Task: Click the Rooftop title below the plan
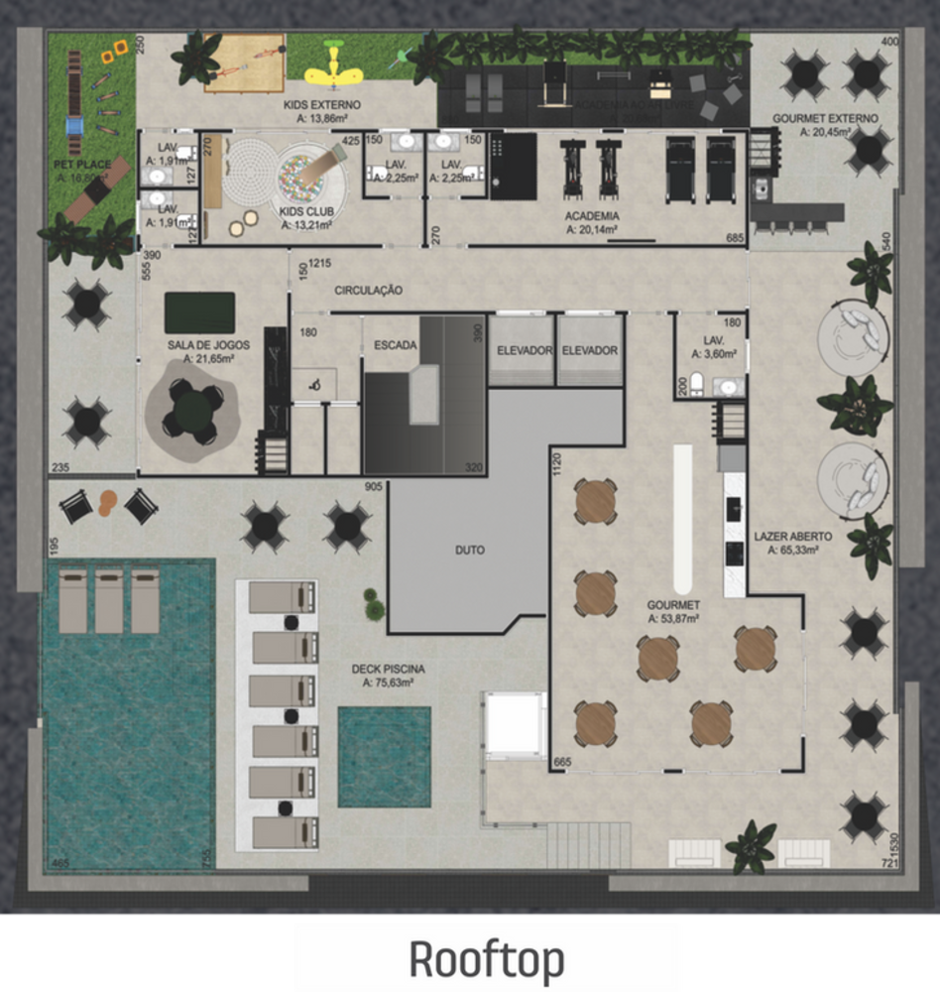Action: (487, 959)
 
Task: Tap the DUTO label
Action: (470, 549)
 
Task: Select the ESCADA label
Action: (395, 345)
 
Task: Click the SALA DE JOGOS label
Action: (208, 345)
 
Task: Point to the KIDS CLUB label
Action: (305, 212)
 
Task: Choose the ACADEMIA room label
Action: (593, 215)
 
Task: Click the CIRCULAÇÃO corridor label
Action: (368, 291)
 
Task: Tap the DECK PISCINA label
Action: (388, 669)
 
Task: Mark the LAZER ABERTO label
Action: (792, 536)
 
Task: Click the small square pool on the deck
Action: (384, 756)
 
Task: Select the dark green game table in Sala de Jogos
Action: (199, 312)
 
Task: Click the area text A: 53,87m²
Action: (673, 618)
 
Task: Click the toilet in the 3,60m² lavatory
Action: (696, 384)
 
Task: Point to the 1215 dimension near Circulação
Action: (319, 263)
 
